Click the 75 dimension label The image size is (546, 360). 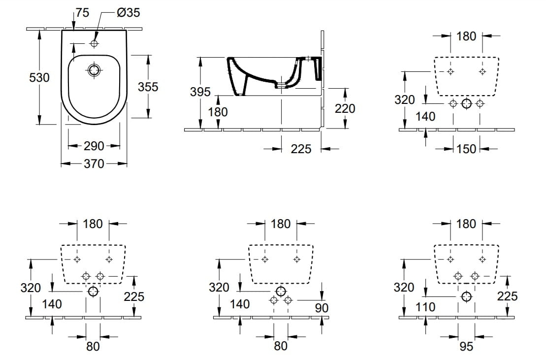click(82, 12)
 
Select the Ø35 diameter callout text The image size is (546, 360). click(128, 12)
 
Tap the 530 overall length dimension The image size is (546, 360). click(39, 77)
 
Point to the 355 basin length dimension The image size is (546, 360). click(148, 87)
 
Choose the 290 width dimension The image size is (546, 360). click(94, 146)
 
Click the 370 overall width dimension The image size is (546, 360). click(94, 164)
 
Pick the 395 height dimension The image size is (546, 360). click(200, 92)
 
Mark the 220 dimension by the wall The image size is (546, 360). click(345, 109)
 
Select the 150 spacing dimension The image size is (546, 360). click(466, 149)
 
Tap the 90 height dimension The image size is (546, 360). click(321, 308)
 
